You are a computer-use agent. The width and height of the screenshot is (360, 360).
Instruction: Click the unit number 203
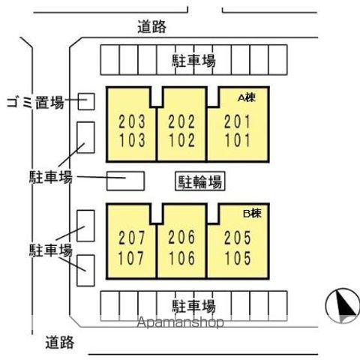coord(132,121)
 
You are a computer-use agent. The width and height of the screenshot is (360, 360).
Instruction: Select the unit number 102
coord(181,139)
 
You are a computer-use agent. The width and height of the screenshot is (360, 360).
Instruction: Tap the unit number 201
coord(237,121)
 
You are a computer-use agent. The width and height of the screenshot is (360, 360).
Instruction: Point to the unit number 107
coord(131,258)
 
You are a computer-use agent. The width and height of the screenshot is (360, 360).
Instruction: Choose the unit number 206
coord(181,237)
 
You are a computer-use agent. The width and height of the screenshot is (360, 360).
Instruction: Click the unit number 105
coord(238,258)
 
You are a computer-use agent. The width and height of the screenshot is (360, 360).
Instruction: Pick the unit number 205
coord(238,237)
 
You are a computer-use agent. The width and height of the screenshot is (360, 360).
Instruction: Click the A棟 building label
coord(247,97)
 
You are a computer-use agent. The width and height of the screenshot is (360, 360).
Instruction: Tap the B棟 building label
coord(253,213)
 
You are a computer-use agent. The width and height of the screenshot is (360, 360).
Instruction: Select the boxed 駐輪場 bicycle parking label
coord(199,181)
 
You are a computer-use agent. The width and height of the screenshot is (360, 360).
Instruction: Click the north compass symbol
coord(342,305)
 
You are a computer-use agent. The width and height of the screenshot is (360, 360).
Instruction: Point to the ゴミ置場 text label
coord(35,102)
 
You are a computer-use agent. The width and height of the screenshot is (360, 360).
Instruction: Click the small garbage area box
coord(86,101)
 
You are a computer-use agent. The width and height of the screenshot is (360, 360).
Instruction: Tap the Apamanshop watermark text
coord(180,322)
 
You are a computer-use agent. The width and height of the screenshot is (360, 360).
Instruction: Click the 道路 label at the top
coord(151,27)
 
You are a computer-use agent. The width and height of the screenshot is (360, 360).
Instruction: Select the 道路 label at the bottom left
coord(59,343)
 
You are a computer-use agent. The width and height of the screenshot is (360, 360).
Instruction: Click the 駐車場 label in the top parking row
coord(193,61)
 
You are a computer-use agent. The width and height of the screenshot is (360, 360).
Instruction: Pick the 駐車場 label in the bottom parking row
coord(193,306)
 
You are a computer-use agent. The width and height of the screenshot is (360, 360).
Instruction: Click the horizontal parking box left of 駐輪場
coord(125,181)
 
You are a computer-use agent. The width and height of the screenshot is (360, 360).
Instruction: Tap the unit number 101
coord(238,139)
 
